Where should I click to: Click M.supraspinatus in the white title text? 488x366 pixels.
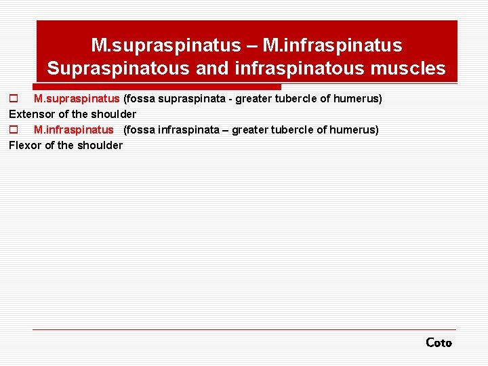coord(166,45)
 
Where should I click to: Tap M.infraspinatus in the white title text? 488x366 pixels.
coord(332,45)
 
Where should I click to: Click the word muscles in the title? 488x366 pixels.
coord(415,68)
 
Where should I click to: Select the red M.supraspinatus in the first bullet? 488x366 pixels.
coord(77,99)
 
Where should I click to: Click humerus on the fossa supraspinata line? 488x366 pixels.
coord(357,99)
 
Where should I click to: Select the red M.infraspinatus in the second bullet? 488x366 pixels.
coord(73,129)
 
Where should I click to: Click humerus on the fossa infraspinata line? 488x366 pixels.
coord(353,129)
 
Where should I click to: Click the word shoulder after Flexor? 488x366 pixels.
coord(100,145)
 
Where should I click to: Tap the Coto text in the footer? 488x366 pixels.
coord(439,343)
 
